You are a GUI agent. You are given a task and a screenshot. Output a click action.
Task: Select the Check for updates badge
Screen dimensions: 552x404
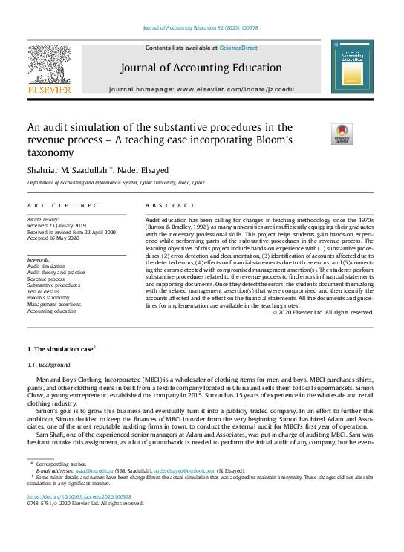342,134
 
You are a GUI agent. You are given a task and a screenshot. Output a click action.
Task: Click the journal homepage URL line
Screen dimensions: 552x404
201,88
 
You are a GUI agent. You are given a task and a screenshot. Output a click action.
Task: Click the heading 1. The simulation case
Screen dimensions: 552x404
59,348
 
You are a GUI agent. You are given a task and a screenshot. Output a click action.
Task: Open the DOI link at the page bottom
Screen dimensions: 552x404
79,496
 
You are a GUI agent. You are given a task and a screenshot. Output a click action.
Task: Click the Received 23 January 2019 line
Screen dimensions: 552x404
56,226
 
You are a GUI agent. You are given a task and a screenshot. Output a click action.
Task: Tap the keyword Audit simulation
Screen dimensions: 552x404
46,266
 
